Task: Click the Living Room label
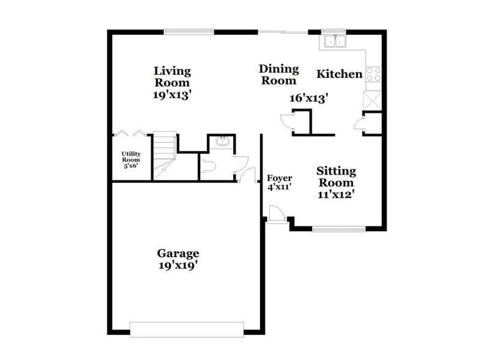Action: [x=172, y=77]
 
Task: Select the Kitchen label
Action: [x=339, y=74]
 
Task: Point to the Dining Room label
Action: [x=278, y=75]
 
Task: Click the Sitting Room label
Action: [x=336, y=177]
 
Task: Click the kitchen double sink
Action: [x=335, y=42]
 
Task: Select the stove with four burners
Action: [x=373, y=74]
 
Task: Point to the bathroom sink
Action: [x=222, y=143]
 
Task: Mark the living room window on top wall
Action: [x=188, y=31]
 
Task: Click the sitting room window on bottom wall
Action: [x=338, y=230]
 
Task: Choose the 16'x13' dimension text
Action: [x=307, y=97]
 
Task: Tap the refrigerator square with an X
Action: [x=372, y=100]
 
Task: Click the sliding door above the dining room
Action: [x=282, y=31]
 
